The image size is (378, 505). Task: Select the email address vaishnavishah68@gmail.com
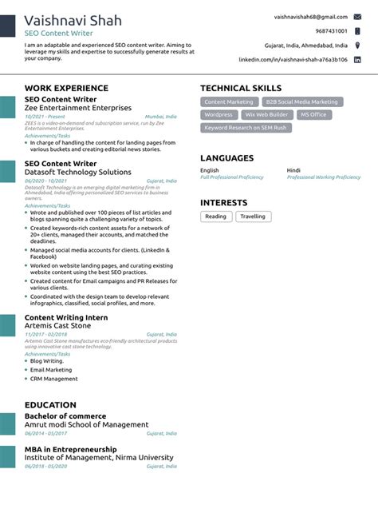(x=310, y=17)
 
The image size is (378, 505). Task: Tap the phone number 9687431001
(x=331, y=31)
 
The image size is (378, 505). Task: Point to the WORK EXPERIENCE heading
(x=66, y=88)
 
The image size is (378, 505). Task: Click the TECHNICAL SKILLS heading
(x=241, y=88)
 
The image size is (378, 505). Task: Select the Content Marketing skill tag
(x=229, y=102)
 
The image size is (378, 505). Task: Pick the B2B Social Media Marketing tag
(x=301, y=102)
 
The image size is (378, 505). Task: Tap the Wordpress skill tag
(x=219, y=115)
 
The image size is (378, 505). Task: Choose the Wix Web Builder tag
(x=267, y=115)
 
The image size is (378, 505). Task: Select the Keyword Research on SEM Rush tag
(x=244, y=128)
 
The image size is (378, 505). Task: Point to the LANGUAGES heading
(x=226, y=158)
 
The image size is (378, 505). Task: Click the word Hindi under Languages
(x=294, y=170)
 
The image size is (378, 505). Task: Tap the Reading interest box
(x=215, y=217)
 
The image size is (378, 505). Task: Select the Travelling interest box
(x=253, y=217)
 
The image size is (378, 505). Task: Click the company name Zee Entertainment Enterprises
(x=78, y=108)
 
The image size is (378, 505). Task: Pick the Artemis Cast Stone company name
(x=61, y=326)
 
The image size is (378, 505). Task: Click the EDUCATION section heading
(x=50, y=405)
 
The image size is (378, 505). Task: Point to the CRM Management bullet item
(x=54, y=379)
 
